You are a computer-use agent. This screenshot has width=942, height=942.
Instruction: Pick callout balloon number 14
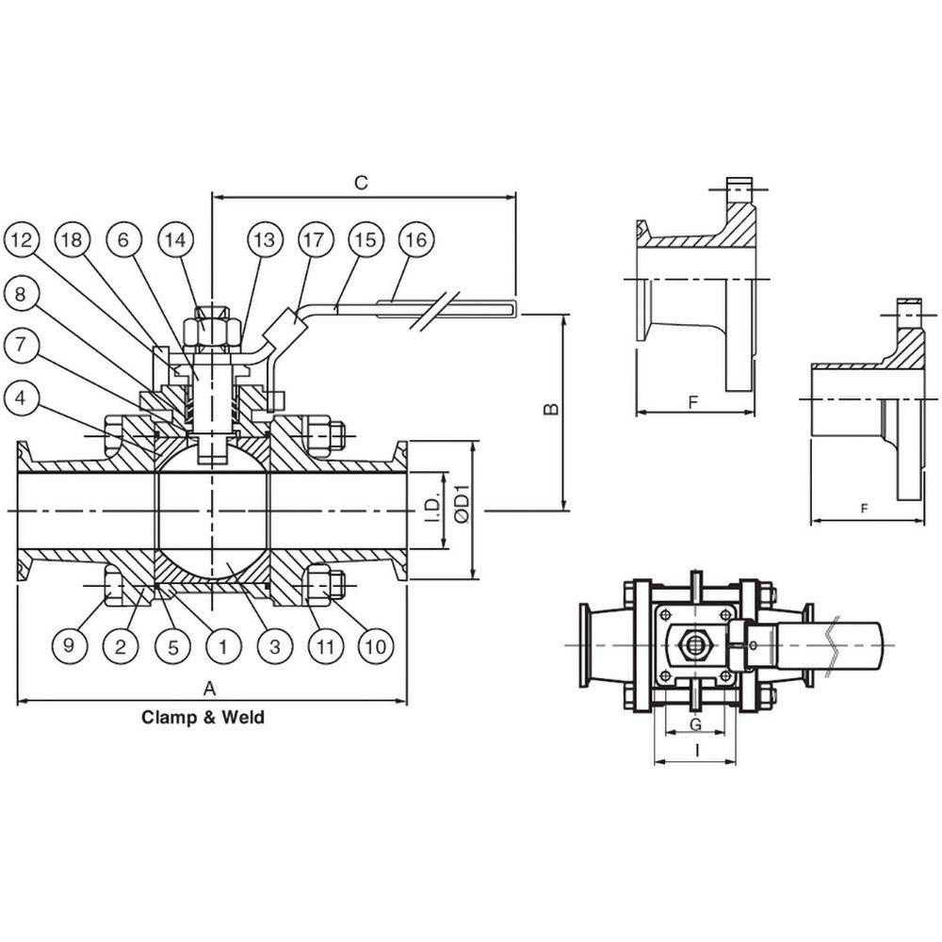tap(173, 240)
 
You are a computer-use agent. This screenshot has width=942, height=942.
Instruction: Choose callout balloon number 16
tap(415, 240)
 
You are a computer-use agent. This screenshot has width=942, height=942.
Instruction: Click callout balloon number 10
tap(375, 646)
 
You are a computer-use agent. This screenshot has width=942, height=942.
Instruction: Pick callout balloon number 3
tap(273, 646)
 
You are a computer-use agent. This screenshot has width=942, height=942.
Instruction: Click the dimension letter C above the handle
tap(360, 183)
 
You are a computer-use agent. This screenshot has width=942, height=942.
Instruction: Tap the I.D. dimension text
tap(432, 509)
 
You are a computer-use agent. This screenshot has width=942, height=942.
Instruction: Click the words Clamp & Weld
tap(203, 718)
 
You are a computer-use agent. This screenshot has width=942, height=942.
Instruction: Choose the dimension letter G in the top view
tap(694, 724)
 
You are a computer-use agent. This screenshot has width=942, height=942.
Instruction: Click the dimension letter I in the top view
tap(694, 751)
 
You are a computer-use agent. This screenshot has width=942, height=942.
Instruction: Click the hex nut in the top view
tap(697, 645)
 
